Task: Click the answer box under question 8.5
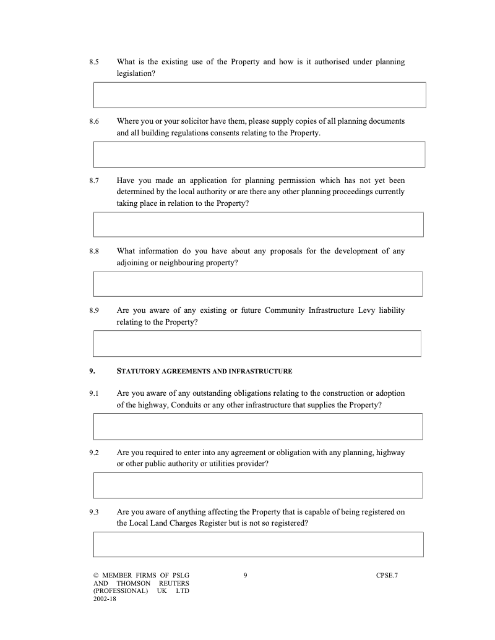point(259,95)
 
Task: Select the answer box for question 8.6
point(259,154)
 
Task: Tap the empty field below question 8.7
point(259,224)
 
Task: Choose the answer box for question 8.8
point(258,284)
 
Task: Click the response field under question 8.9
point(257,343)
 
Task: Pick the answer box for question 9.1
point(258,427)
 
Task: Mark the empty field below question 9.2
point(258,485)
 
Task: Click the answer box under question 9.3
point(259,544)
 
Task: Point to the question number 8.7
point(94,181)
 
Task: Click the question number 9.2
point(94,453)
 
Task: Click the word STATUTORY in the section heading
point(136,372)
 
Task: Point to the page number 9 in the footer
point(246,576)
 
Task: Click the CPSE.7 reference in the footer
point(387,576)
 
